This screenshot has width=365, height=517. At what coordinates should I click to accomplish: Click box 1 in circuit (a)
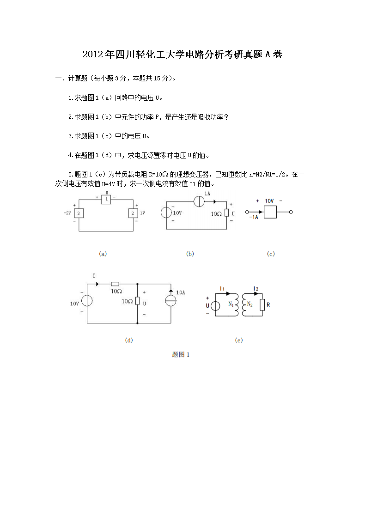point(106,199)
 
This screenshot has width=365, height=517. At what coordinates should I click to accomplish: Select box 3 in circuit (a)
point(79,213)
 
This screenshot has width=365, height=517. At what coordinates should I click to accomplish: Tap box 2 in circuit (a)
point(133,213)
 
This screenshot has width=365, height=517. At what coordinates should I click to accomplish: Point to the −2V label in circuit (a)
point(67,213)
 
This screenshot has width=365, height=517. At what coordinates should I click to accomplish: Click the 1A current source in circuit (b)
point(200,202)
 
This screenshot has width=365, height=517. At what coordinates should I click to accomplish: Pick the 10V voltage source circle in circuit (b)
point(166,213)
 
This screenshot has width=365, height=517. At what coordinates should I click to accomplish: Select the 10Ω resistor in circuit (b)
point(226,213)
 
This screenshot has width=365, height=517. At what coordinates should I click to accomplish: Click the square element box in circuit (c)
point(269,212)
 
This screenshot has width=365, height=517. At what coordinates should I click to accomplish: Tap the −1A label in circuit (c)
point(254,217)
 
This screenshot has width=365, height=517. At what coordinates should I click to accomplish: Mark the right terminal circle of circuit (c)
point(291,212)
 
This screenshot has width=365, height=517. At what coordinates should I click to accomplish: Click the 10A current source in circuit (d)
point(171,301)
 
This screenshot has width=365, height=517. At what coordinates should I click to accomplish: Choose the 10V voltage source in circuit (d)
point(87,301)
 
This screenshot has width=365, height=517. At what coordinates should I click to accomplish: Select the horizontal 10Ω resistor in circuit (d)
point(116,284)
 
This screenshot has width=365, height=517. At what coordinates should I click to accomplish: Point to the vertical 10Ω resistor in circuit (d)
point(138,301)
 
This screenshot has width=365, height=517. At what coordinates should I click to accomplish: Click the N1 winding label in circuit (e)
point(231,304)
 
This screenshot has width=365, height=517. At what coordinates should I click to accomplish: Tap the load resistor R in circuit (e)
point(262,304)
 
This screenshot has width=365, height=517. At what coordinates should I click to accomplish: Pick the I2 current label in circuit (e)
point(255,289)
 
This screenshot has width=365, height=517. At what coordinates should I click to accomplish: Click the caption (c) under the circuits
point(271,254)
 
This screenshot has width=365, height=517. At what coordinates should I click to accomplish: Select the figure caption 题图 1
point(181,354)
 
